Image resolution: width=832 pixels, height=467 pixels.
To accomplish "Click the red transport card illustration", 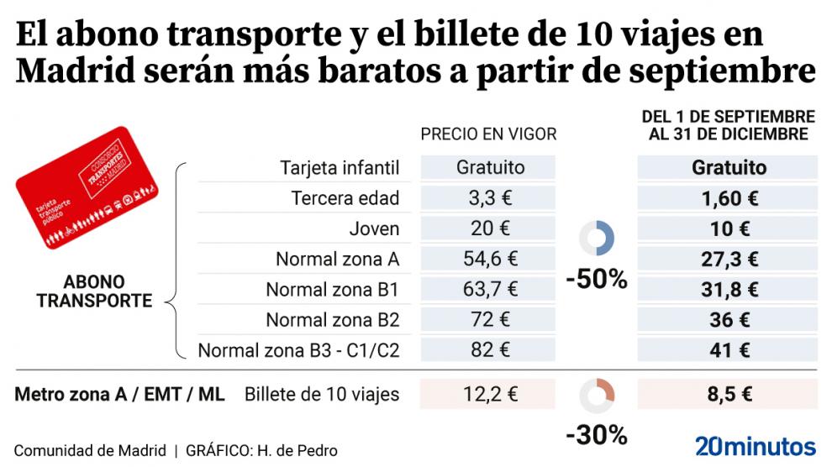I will [x=87, y=188].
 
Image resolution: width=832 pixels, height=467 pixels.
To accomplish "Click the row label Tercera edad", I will [x=345, y=198].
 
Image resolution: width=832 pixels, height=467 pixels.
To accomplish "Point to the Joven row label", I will [x=374, y=228].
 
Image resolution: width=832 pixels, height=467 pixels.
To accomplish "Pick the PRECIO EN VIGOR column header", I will [x=488, y=134].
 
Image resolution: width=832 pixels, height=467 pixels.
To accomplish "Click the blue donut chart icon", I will [x=598, y=239].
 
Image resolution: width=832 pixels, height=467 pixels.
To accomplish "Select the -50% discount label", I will [x=597, y=280].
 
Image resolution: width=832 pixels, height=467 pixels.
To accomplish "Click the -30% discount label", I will [x=597, y=435].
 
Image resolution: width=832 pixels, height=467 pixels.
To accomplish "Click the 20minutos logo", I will [x=755, y=446].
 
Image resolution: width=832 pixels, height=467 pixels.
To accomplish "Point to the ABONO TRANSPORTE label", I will [x=94, y=291].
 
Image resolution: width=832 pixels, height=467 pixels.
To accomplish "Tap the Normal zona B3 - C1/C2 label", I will [x=298, y=350].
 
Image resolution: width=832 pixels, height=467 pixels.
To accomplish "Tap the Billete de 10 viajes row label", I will [x=322, y=394].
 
